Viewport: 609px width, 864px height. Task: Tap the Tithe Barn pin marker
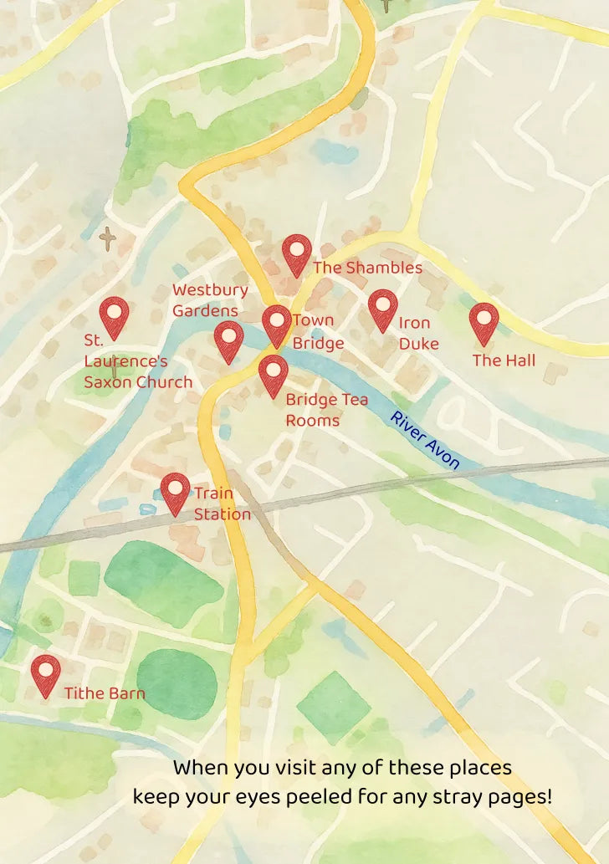point(46,674)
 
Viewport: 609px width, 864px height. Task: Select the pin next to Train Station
point(176,493)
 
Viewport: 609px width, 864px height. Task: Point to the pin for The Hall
point(484,322)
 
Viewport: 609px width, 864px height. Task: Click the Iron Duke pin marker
point(382,309)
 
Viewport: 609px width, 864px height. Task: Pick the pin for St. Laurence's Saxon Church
point(114,316)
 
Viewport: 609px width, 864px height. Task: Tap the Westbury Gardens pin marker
point(228,340)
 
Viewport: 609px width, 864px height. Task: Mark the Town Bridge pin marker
point(277,324)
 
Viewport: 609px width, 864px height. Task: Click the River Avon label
point(425,440)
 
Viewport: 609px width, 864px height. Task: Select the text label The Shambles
point(367,268)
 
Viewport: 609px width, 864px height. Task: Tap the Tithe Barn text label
point(105,693)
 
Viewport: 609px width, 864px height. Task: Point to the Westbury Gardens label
point(210,300)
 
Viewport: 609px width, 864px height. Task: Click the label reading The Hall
point(504,360)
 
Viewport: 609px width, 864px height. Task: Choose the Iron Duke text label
point(415,333)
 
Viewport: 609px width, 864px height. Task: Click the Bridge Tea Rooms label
point(326,410)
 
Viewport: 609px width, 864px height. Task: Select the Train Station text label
point(222,504)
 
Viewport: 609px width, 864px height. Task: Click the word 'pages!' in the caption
point(524,796)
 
